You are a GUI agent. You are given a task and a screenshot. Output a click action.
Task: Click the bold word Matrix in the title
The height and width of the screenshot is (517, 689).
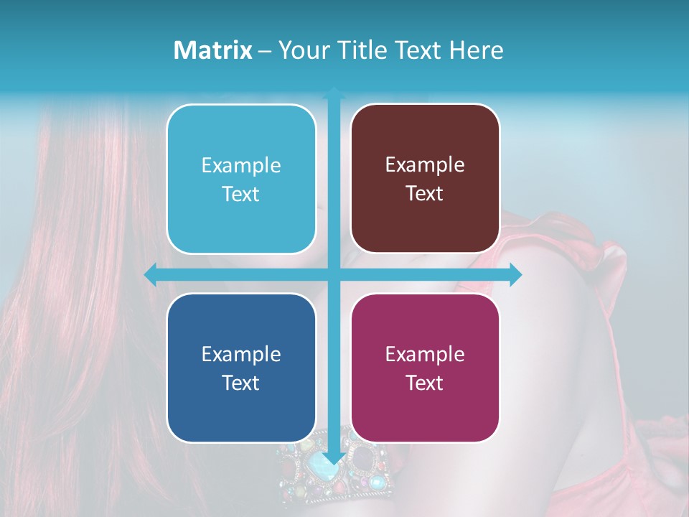tap(213, 50)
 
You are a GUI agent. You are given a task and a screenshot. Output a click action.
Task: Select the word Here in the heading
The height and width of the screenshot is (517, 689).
tap(476, 50)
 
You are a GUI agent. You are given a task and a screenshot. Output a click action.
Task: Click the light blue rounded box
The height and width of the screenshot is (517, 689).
tap(241, 179)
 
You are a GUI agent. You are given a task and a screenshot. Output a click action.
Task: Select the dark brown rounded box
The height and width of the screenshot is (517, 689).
tap(425, 179)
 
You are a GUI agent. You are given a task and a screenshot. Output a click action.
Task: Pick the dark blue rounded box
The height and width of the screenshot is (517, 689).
tap(241, 368)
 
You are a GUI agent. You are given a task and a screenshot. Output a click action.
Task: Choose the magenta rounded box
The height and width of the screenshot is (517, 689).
tap(425, 368)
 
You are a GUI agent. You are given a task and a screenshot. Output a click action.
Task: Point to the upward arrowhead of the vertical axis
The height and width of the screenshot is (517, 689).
tap(334, 91)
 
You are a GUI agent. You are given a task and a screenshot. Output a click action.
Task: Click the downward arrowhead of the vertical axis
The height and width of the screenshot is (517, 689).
tap(334, 460)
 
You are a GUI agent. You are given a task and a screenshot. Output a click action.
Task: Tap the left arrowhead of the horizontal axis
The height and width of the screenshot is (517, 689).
tap(150, 275)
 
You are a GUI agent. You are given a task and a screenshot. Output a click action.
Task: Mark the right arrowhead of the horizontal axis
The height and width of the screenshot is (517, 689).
tap(516, 275)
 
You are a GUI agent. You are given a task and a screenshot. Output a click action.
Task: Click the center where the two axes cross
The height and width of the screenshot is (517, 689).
tap(334, 275)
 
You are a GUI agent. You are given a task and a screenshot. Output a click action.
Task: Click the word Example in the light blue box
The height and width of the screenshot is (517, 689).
tap(241, 166)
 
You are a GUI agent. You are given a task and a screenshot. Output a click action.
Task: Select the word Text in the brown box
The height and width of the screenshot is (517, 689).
tap(425, 194)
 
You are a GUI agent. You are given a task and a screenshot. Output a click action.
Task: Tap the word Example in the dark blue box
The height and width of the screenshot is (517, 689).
tap(241, 355)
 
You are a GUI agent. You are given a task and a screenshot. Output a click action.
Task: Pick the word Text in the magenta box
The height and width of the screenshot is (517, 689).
tap(425, 383)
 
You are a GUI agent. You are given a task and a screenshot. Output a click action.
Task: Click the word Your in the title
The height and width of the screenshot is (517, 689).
tap(301, 50)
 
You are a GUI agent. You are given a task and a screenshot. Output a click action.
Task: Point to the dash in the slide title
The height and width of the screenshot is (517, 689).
tap(265, 51)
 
